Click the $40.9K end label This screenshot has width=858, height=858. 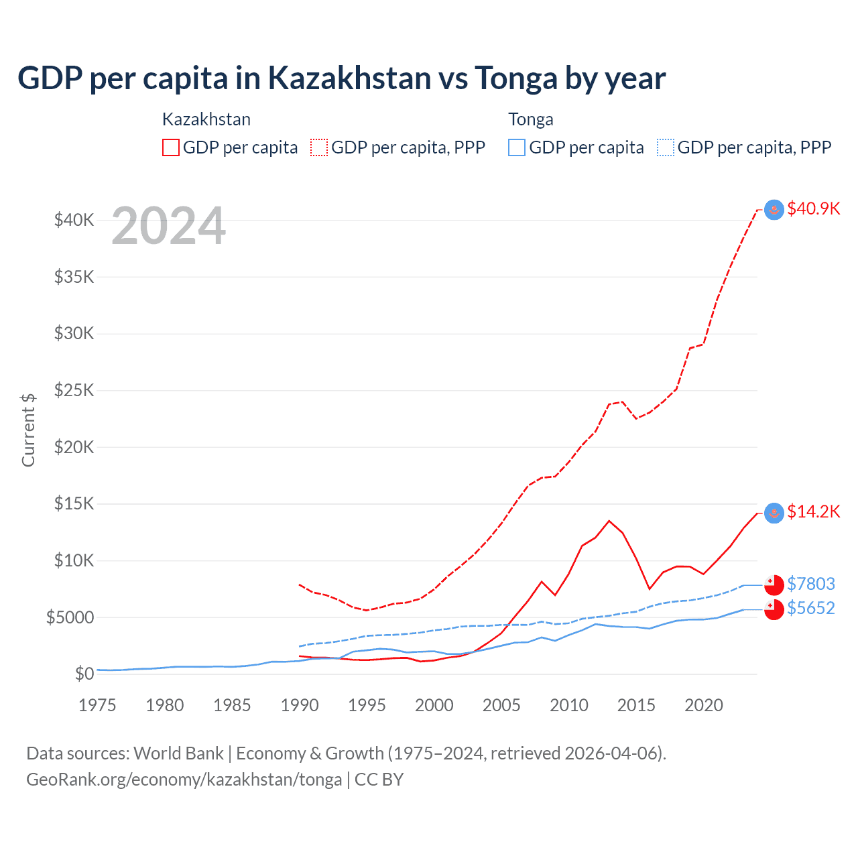(x=813, y=208)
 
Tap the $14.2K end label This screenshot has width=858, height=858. (x=813, y=512)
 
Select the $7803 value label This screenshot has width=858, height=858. (x=810, y=584)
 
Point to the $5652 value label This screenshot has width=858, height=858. (x=810, y=608)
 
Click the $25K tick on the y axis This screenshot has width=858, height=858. (x=74, y=390)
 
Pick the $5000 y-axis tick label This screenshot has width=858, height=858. (x=70, y=617)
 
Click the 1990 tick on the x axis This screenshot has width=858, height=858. (x=300, y=705)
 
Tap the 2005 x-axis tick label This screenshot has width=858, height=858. (x=501, y=705)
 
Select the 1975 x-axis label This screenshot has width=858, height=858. (x=97, y=705)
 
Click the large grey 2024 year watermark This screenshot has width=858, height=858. (x=168, y=227)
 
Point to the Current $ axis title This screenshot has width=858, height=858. (x=28, y=430)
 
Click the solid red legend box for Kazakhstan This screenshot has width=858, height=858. (x=171, y=147)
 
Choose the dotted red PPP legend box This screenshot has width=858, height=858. (x=319, y=147)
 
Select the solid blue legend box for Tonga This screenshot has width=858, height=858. (x=517, y=147)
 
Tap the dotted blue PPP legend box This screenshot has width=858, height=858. (x=666, y=147)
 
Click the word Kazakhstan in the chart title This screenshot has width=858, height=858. (x=349, y=78)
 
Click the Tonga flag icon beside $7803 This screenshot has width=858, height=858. (x=774, y=585)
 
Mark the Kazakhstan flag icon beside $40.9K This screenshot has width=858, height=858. (x=774, y=210)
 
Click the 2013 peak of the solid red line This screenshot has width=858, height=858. (x=609, y=521)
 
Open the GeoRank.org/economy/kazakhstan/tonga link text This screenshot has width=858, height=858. (x=184, y=780)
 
